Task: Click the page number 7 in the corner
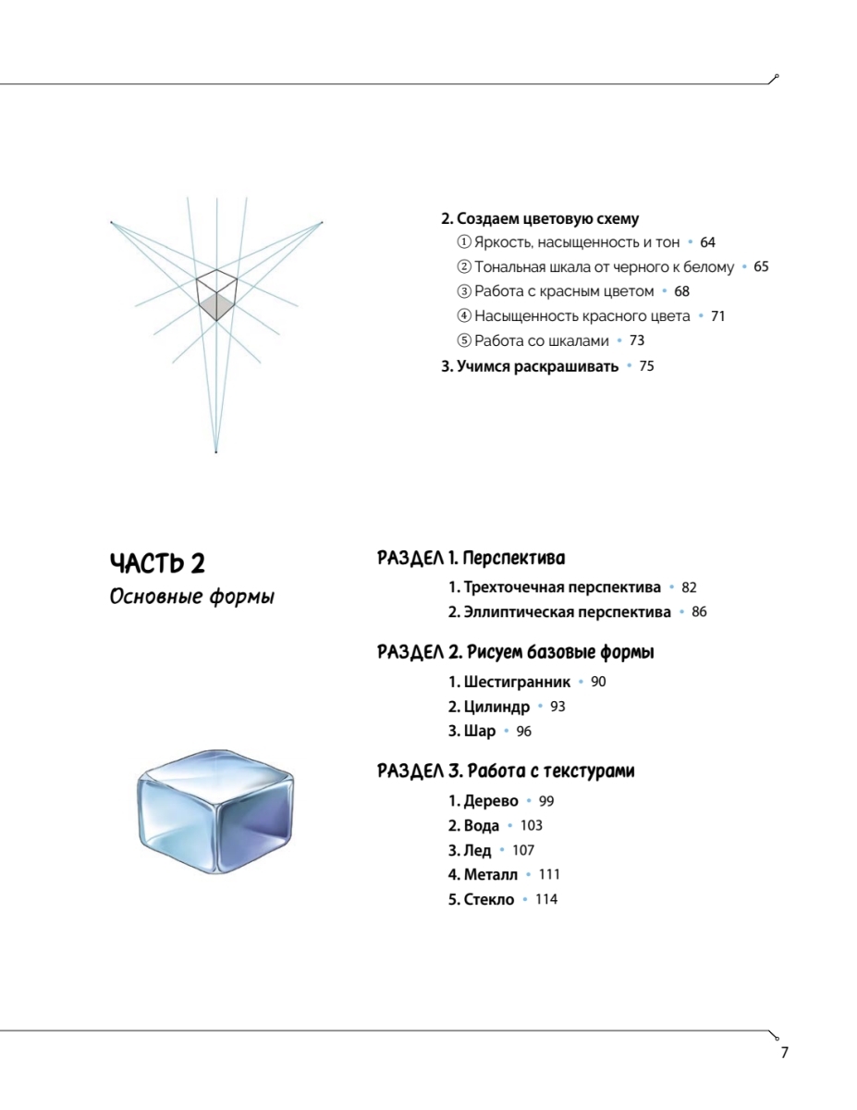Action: click(x=784, y=1053)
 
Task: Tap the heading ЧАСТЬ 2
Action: click(x=157, y=562)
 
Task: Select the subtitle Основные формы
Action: click(x=191, y=596)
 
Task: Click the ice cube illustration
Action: click(x=214, y=810)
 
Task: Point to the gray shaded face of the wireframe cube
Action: click(x=216, y=305)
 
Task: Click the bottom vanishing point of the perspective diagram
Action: click(x=215, y=451)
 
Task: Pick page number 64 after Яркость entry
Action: click(x=707, y=242)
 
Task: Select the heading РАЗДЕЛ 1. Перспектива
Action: click(x=471, y=558)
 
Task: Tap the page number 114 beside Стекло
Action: click(x=546, y=899)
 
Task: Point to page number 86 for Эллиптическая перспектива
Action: click(x=699, y=612)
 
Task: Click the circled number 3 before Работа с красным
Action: click(x=464, y=291)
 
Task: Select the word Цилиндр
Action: click(x=496, y=707)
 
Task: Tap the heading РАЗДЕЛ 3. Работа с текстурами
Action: click(x=506, y=771)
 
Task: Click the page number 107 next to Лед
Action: click(x=523, y=850)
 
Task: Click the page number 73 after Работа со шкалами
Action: click(x=636, y=340)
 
